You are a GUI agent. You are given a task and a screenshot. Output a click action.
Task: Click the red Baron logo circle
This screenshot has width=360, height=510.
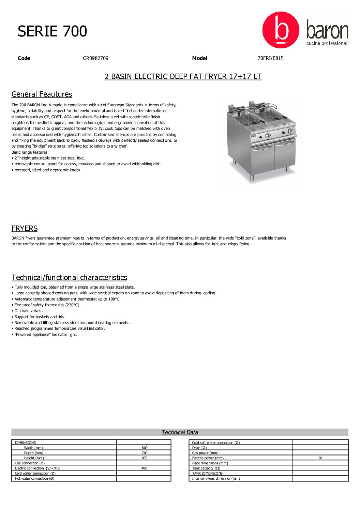(281, 30)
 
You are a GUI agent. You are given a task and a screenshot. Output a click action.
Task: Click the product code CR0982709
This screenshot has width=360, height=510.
(95, 58)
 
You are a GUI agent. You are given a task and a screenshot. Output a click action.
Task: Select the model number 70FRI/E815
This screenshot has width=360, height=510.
(270, 58)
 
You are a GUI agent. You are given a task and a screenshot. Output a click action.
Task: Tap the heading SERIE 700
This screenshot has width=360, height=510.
(52, 31)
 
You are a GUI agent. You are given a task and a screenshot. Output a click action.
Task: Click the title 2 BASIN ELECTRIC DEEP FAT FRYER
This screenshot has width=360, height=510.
(183, 76)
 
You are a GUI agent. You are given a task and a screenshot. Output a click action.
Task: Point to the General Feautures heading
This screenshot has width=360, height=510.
(42, 94)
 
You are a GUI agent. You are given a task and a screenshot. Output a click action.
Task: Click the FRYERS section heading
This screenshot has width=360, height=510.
(25, 228)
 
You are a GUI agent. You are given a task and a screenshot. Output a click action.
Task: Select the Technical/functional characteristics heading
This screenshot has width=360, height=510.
(69, 277)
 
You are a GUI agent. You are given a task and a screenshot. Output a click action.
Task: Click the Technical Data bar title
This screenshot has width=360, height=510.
(180, 432)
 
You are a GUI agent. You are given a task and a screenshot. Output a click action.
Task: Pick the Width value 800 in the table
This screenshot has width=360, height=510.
(145, 448)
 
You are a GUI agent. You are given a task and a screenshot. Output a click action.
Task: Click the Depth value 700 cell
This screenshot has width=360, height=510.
(145, 453)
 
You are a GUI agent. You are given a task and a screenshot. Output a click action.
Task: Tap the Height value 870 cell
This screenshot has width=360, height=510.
(145, 458)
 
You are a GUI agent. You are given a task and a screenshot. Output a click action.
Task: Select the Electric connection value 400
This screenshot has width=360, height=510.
(144, 468)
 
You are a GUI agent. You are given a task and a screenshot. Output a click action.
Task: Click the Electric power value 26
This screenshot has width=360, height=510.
(320, 458)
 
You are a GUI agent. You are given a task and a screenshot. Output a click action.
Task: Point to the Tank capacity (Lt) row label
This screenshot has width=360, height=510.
(206, 468)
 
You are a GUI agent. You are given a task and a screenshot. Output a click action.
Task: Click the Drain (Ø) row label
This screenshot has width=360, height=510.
(199, 448)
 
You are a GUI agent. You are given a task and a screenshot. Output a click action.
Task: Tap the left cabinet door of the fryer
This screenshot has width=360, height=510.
(262, 158)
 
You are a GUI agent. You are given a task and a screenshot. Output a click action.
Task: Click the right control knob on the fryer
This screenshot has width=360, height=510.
(290, 131)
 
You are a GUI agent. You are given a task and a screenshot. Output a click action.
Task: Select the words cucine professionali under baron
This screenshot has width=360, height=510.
(327, 43)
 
